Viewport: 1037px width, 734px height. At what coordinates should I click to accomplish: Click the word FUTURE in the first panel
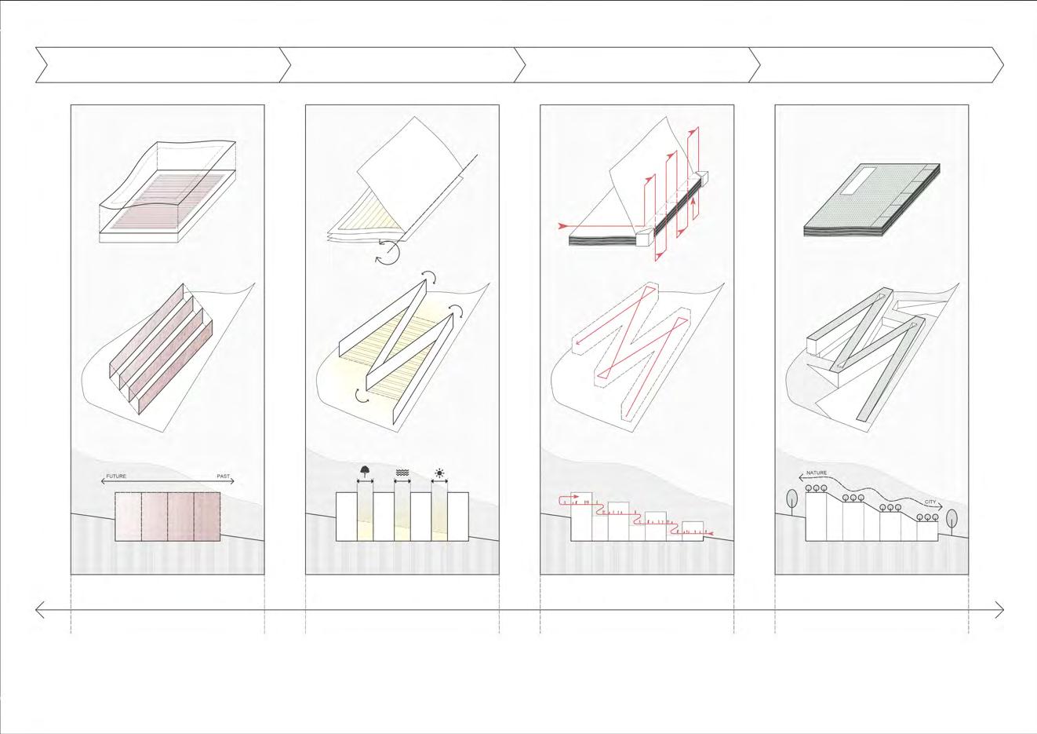click(116, 477)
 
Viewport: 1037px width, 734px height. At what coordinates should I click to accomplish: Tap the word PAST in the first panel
click(224, 477)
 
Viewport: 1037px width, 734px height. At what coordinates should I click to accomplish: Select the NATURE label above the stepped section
click(817, 473)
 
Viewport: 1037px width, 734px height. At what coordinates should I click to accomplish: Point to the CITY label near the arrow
click(930, 502)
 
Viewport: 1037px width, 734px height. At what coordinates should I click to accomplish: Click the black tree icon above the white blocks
click(365, 471)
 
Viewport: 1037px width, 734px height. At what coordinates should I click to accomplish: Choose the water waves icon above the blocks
click(402, 473)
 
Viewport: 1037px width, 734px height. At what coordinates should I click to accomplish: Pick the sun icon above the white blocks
click(440, 473)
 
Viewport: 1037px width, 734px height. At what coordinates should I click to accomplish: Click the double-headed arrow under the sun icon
click(440, 483)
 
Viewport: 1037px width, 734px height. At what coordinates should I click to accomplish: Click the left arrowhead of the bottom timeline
click(40, 609)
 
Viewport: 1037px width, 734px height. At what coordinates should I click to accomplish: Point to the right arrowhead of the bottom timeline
click(1000, 609)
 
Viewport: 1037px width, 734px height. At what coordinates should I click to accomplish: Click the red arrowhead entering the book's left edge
click(562, 226)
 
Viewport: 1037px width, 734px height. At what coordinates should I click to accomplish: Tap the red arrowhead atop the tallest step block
click(560, 498)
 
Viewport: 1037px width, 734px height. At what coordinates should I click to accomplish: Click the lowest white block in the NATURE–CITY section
click(926, 531)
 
